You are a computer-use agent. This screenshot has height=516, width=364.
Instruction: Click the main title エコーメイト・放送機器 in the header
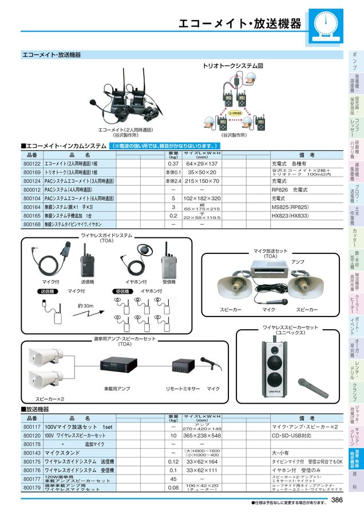click(239, 24)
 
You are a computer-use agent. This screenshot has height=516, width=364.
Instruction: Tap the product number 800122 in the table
click(31, 163)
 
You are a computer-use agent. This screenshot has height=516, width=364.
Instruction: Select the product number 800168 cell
click(31, 224)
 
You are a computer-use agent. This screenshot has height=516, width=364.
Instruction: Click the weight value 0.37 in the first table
click(173, 163)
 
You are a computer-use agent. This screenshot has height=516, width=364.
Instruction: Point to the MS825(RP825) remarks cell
click(291, 206)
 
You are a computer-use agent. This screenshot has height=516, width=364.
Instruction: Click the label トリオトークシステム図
click(233, 66)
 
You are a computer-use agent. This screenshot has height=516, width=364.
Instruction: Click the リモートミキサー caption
click(183, 388)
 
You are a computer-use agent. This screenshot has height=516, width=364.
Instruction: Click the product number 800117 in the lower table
click(31, 427)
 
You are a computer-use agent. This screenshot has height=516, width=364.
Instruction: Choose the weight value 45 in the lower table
click(173, 479)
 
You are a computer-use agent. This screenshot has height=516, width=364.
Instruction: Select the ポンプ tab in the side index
click(354, 60)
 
